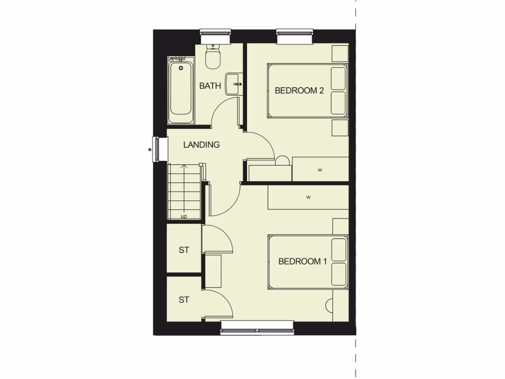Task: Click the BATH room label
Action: pyautogui.click(x=210, y=86)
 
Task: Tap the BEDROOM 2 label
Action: pyautogui.click(x=299, y=90)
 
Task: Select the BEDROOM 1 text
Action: pyautogui.click(x=302, y=262)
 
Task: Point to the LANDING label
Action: pyautogui.click(x=201, y=145)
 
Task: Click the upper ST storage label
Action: pyautogui.click(x=184, y=250)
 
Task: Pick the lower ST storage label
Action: pyautogui.click(x=184, y=300)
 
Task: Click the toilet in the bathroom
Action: pyautogui.click(x=213, y=58)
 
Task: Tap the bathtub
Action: pyautogui.click(x=181, y=91)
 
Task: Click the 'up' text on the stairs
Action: pyautogui.click(x=184, y=216)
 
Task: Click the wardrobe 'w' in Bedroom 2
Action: pyautogui.click(x=320, y=170)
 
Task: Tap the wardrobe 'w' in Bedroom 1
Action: pyautogui.click(x=308, y=197)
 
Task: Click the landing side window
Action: pyautogui.click(x=157, y=149)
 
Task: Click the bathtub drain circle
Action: pyautogui.click(x=181, y=68)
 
